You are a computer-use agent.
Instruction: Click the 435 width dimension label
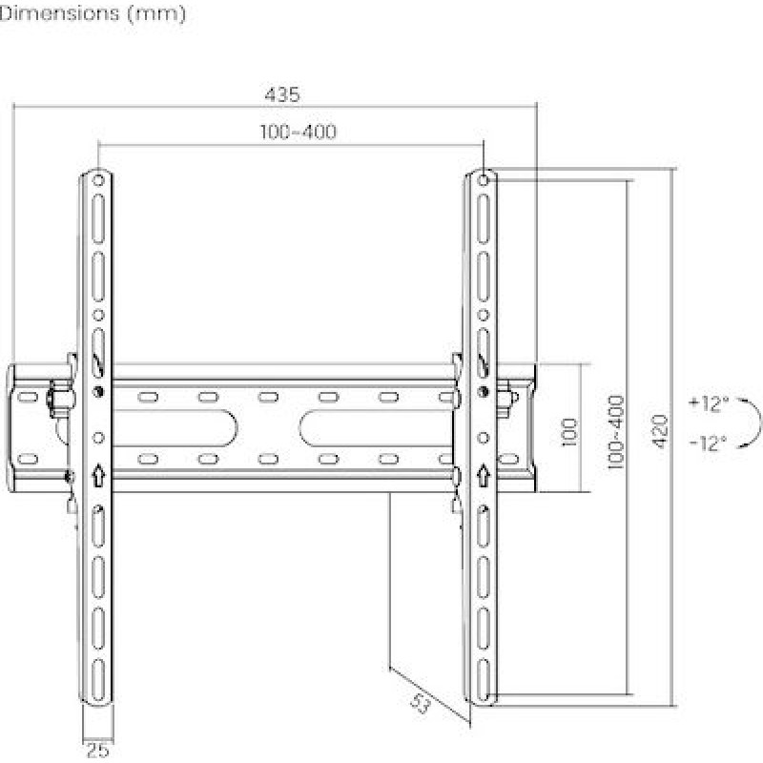[x=282, y=94]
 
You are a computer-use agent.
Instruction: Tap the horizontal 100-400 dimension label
[x=298, y=132]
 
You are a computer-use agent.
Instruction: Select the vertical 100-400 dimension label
[x=616, y=432]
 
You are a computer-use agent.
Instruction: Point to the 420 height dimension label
[x=660, y=431]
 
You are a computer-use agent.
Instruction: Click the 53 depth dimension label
[x=420, y=704]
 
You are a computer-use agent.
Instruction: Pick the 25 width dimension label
[x=98, y=751]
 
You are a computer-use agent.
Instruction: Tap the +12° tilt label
[x=709, y=403]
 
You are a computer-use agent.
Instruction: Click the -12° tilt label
[x=709, y=443]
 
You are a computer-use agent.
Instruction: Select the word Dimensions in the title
[x=59, y=13]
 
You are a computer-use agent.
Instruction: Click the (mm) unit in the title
[x=156, y=13]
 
